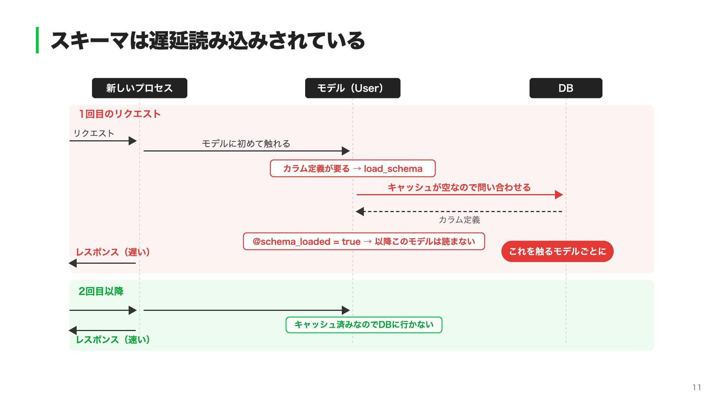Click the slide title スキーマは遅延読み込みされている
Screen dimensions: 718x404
(x=208, y=40)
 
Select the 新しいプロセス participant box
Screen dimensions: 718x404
(x=139, y=88)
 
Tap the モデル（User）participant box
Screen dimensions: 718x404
(x=353, y=88)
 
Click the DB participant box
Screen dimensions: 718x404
(x=566, y=88)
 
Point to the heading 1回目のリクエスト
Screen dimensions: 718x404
(x=120, y=114)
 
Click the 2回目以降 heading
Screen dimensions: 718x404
(x=101, y=291)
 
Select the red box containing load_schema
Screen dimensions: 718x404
(x=353, y=168)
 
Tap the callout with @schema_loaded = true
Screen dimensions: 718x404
(x=364, y=241)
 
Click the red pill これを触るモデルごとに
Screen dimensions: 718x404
(x=557, y=251)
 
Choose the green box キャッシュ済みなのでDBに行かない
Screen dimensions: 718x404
(x=364, y=325)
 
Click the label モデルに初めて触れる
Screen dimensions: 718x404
(x=246, y=144)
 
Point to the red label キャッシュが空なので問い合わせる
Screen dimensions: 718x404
(x=459, y=187)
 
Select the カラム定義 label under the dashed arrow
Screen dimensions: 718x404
(x=459, y=220)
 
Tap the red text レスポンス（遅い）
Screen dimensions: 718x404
(x=113, y=252)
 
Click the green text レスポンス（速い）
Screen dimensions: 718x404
(x=113, y=340)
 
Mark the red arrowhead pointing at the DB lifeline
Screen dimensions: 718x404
(x=559, y=195)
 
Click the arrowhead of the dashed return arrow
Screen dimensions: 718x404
(x=360, y=211)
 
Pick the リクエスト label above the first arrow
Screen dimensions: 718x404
(x=93, y=133)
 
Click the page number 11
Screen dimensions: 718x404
(x=697, y=388)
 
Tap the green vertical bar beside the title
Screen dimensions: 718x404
(x=37, y=40)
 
